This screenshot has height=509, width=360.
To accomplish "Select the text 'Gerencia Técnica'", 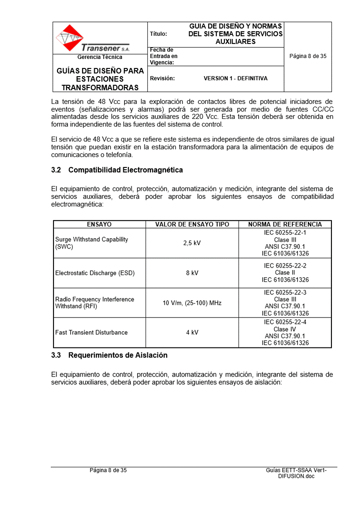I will (x=100, y=57).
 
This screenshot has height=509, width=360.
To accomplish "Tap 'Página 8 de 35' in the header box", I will (x=308, y=57).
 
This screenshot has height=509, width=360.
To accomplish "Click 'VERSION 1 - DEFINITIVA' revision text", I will (x=235, y=78).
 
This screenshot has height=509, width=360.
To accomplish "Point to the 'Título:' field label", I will (x=158, y=34).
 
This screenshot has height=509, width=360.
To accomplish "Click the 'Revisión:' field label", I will (x=162, y=78).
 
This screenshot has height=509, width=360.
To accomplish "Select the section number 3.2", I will (x=56, y=170).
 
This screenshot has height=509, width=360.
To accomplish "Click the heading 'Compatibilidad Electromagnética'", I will (x=126, y=170).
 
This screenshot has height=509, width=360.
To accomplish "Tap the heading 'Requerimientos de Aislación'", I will (x=118, y=355).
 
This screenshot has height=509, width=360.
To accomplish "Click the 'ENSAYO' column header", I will (x=99, y=225).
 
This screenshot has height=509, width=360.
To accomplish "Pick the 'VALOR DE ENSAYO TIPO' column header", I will (x=192, y=225).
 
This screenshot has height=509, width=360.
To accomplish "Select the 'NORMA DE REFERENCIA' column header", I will (x=285, y=225).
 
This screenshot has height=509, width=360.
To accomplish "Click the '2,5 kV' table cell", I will (x=192, y=243).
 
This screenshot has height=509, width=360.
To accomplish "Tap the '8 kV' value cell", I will (x=192, y=273).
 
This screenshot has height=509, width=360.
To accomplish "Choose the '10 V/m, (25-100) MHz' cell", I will (x=192, y=303).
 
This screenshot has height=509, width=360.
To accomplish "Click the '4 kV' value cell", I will (x=192, y=333).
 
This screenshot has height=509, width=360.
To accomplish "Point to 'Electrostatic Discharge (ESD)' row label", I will (x=95, y=273).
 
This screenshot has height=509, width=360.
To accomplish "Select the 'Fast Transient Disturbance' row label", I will (x=91, y=333).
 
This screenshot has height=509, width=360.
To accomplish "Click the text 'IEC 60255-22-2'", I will (x=285, y=266).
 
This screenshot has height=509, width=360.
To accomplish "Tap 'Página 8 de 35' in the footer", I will (x=108, y=470).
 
